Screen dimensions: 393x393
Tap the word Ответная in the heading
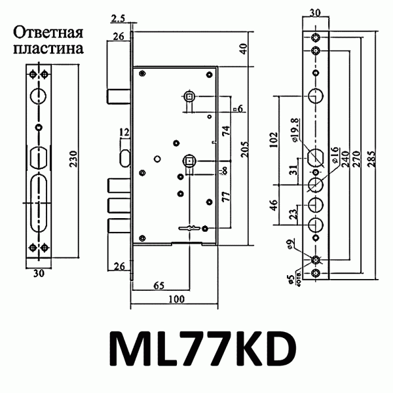pos(48,33)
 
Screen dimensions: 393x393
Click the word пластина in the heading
pos(48,48)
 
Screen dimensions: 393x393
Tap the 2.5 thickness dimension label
pos(119,17)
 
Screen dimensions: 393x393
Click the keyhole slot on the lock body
pos(187,228)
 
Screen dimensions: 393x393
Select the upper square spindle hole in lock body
pos(188,97)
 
